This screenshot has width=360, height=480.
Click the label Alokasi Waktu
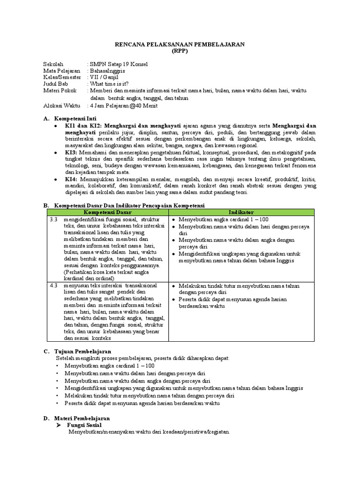61,105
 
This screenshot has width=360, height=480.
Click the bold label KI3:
71,152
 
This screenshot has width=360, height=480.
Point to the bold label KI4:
71,179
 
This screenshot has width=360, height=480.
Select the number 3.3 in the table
53,219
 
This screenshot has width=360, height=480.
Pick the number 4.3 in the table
53,285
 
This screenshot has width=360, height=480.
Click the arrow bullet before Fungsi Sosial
59,425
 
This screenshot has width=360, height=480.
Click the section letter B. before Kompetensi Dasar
46,206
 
